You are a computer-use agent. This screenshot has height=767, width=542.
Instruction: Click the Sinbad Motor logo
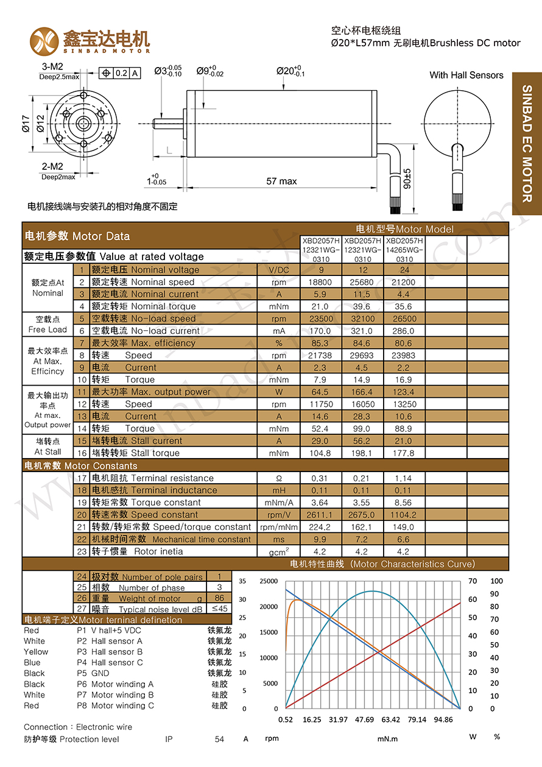[89, 40]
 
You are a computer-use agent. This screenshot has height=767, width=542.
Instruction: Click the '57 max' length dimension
[281, 181]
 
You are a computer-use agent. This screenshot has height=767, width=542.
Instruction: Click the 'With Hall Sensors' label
[466, 76]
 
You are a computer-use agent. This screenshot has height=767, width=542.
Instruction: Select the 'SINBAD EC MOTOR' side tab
[527, 144]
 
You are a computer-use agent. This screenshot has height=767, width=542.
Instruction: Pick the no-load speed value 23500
[320, 319]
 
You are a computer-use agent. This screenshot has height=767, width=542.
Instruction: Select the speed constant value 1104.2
[404, 515]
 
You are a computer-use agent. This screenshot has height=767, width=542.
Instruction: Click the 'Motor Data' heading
[100, 236]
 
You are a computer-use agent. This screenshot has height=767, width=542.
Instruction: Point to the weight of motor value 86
[219, 598]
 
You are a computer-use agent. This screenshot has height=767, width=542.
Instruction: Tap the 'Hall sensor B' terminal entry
[117, 652]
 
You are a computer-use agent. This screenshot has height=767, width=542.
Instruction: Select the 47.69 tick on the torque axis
[364, 719]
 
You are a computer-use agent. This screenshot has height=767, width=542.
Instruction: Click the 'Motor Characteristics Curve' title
[412, 564]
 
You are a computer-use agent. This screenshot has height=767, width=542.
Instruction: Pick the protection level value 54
[219, 739]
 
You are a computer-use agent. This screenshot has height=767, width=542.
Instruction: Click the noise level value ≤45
[219, 609]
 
